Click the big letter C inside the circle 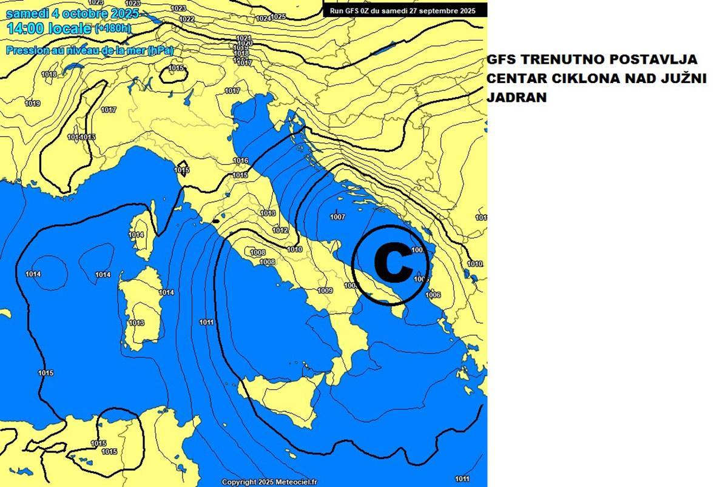pos(392,264)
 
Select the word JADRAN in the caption pos(517,97)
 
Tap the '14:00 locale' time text pos(49,28)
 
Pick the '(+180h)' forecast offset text pos(113,29)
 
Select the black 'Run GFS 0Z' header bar pos(405,10)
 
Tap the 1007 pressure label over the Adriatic pos(338,217)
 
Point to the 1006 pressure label pos(433,295)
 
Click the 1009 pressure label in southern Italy pos(325,291)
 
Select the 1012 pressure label pos(280,230)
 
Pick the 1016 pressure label pos(241,161)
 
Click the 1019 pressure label pos(32,104)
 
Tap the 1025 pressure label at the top pos(278,17)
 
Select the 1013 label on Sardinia pos(136,323)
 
